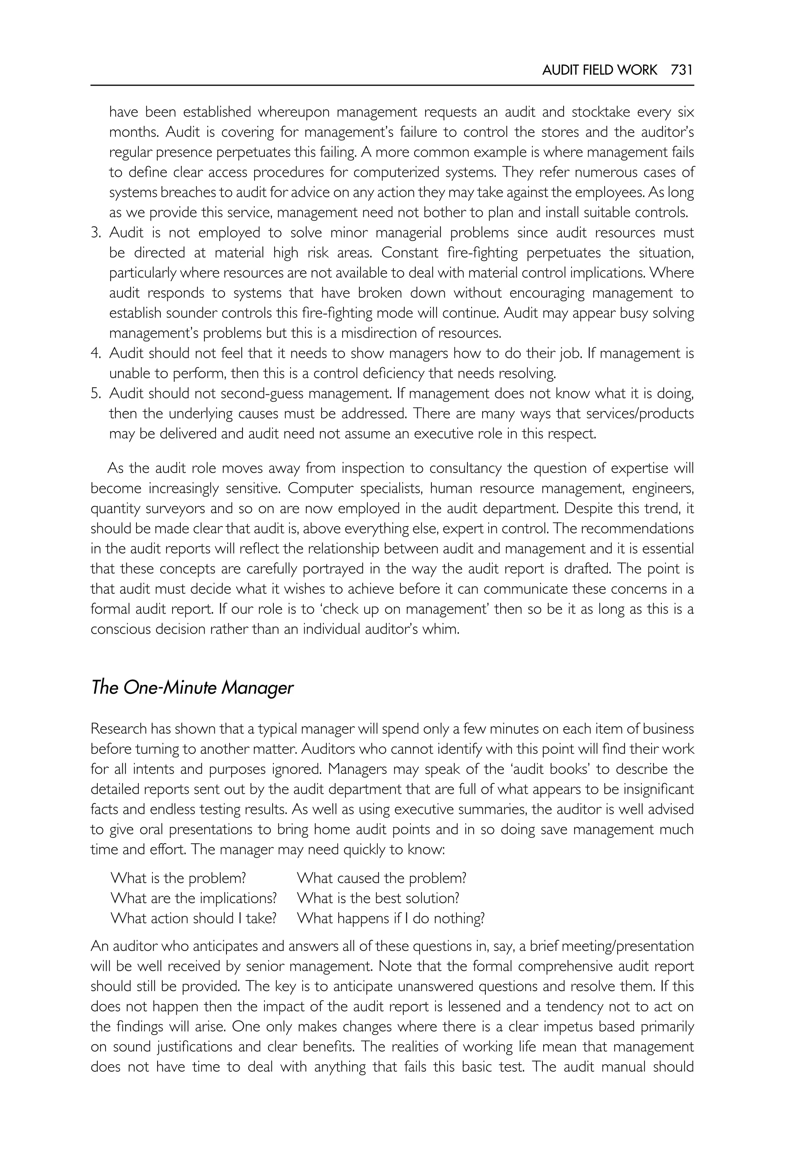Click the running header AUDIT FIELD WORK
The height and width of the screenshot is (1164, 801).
[x=599, y=70]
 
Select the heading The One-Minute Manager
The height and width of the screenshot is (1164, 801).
[x=192, y=687]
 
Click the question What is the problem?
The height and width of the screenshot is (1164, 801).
[x=178, y=878]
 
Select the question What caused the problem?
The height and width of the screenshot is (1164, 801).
[x=381, y=878]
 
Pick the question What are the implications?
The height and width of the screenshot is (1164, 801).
[x=193, y=898]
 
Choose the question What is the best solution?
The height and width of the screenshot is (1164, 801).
[x=378, y=898]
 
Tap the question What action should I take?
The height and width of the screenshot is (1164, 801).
[x=193, y=918]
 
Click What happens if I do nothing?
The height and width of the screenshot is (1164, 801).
[x=390, y=918]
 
